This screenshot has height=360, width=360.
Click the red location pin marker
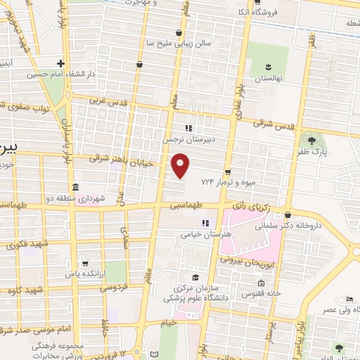tap(181, 165)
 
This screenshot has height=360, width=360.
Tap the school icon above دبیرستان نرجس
tap(188, 128)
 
